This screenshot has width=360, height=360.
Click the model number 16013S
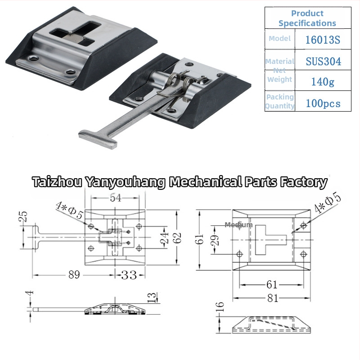click(322, 40)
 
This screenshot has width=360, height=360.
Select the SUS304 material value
click(323, 61)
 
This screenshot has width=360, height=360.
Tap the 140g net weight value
click(322, 81)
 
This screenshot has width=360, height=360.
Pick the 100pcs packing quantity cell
click(322, 103)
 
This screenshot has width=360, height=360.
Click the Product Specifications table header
click(307, 18)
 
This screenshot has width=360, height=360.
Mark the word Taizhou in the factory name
click(57, 182)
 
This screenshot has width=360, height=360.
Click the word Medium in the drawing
click(238, 225)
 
